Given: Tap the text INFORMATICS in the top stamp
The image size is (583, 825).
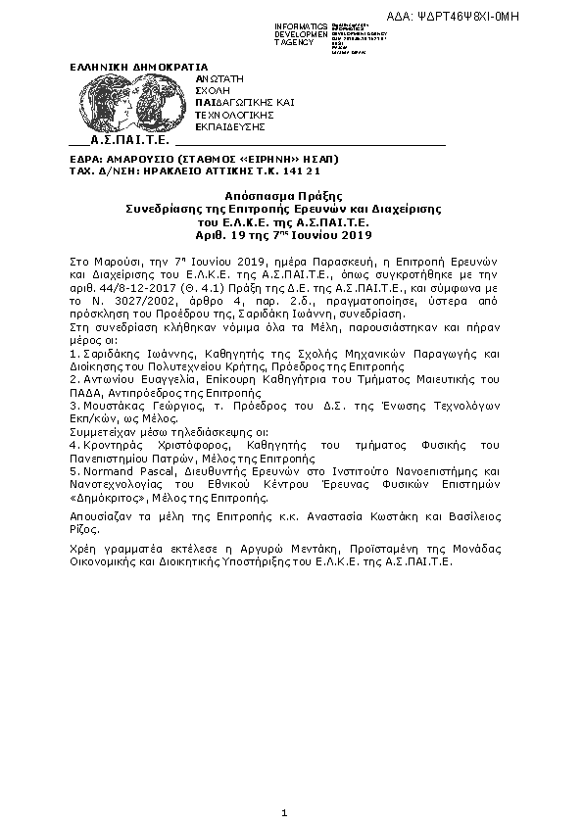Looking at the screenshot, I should [302, 24].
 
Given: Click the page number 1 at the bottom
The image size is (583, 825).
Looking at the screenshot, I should [283, 813].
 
